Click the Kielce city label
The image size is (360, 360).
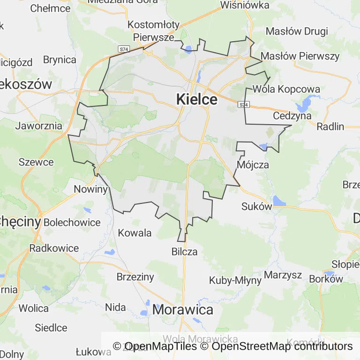pos(196,99)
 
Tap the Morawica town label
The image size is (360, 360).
pos(182,309)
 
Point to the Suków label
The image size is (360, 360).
pos(256,206)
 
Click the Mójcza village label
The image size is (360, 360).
pos(253,165)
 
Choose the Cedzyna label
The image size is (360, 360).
pos(292,115)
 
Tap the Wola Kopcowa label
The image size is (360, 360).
pos(286,89)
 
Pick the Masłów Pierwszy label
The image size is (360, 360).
pos(300,56)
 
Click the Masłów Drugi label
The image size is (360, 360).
pos(297,31)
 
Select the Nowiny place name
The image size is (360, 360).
pos(91,189)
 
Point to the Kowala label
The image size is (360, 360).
pos(135,233)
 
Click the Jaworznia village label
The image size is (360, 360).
pos(39,126)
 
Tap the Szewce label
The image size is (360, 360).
pos(36,162)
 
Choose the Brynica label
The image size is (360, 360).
pos(60,60)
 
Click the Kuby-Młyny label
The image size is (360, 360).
pos(235,280)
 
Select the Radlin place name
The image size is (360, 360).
pos(330,126)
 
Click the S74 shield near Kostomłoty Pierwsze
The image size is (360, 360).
pos(124,49)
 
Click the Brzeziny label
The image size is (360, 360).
pos(135,277)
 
